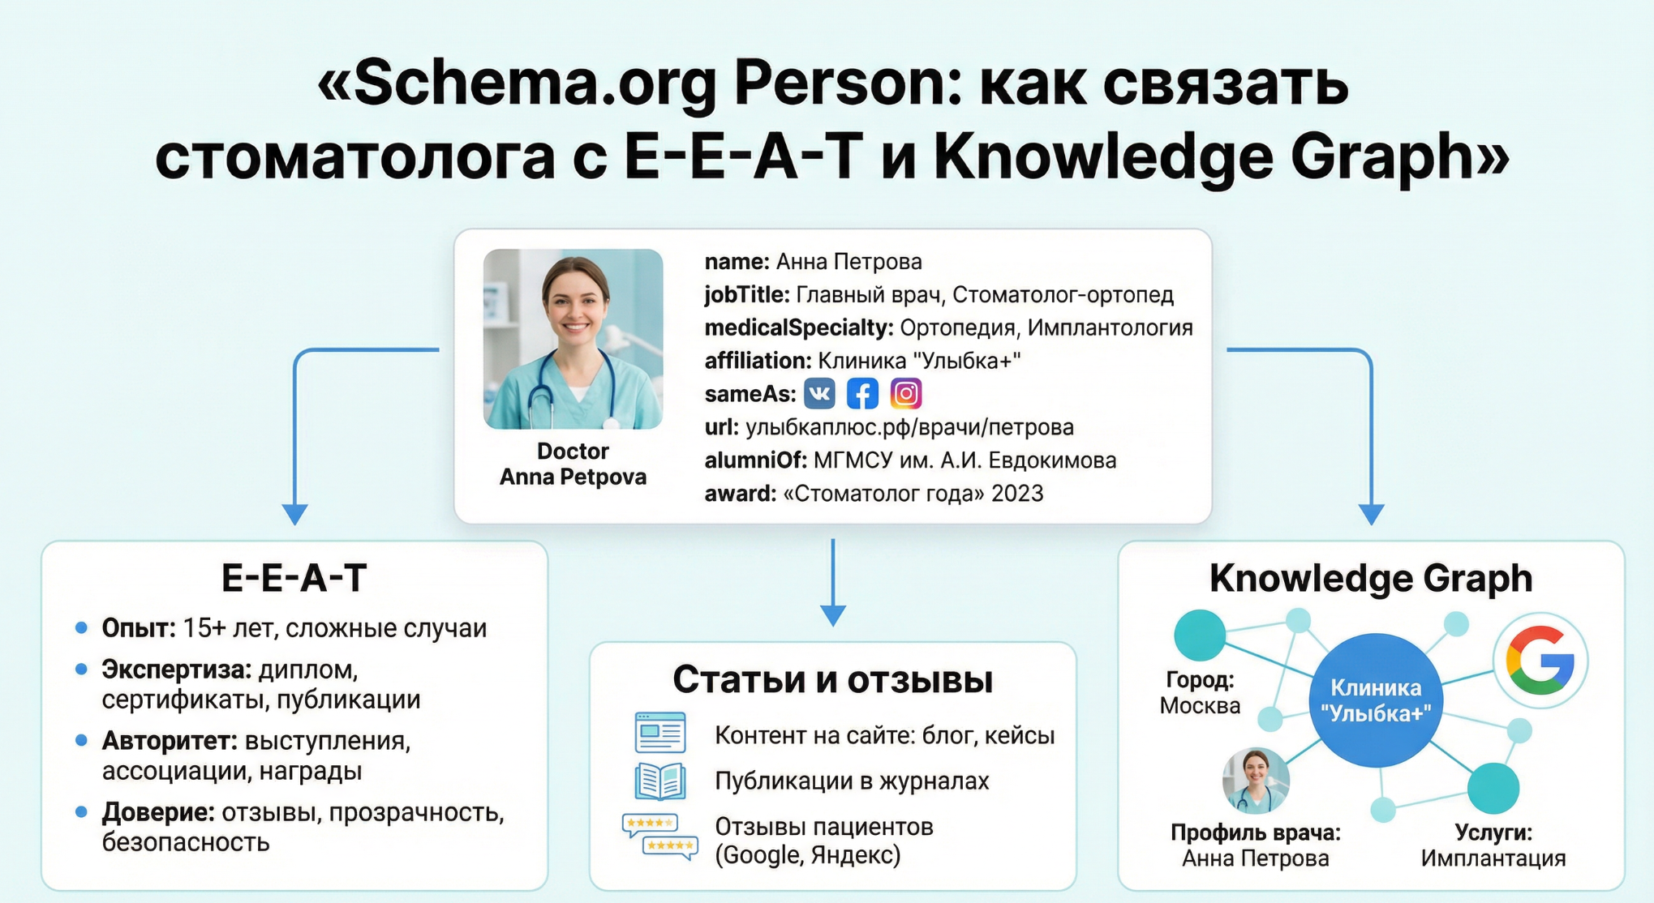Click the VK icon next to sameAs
pyautogui.click(x=819, y=394)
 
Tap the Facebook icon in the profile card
pyautogui.click(x=862, y=394)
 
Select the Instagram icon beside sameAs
pyautogui.click(x=906, y=394)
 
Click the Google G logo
pyautogui.click(x=1540, y=661)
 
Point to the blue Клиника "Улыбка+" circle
pyautogui.click(x=1376, y=700)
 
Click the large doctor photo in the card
pyautogui.click(x=573, y=339)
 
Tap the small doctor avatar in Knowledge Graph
pyautogui.click(x=1256, y=780)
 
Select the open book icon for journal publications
pyautogui.click(x=659, y=781)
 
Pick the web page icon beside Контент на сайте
pyautogui.click(x=659, y=733)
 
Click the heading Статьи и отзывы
pyautogui.click(x=832, y=679)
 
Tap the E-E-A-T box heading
pyautogui.click(x=294, y=578)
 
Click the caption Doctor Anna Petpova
pyautogui.click(x=573, y=464)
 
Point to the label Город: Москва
pyautogui.click(x=1200, y=693)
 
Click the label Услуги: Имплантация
pyautogui.click(x=1493, y=845)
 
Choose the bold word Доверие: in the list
pyautogui.click(x=157, y=812)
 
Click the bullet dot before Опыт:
pyautogui.click(x=81, y=627)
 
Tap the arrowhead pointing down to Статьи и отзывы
pyautogui.click(x=833, y=615)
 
